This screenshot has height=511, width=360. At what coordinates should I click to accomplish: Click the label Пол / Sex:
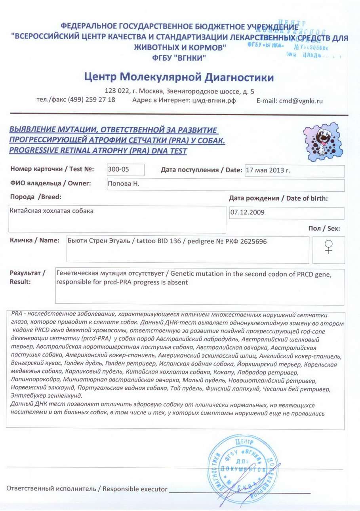324,229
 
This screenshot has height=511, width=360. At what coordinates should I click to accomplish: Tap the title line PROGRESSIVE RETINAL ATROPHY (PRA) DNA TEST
97,151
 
